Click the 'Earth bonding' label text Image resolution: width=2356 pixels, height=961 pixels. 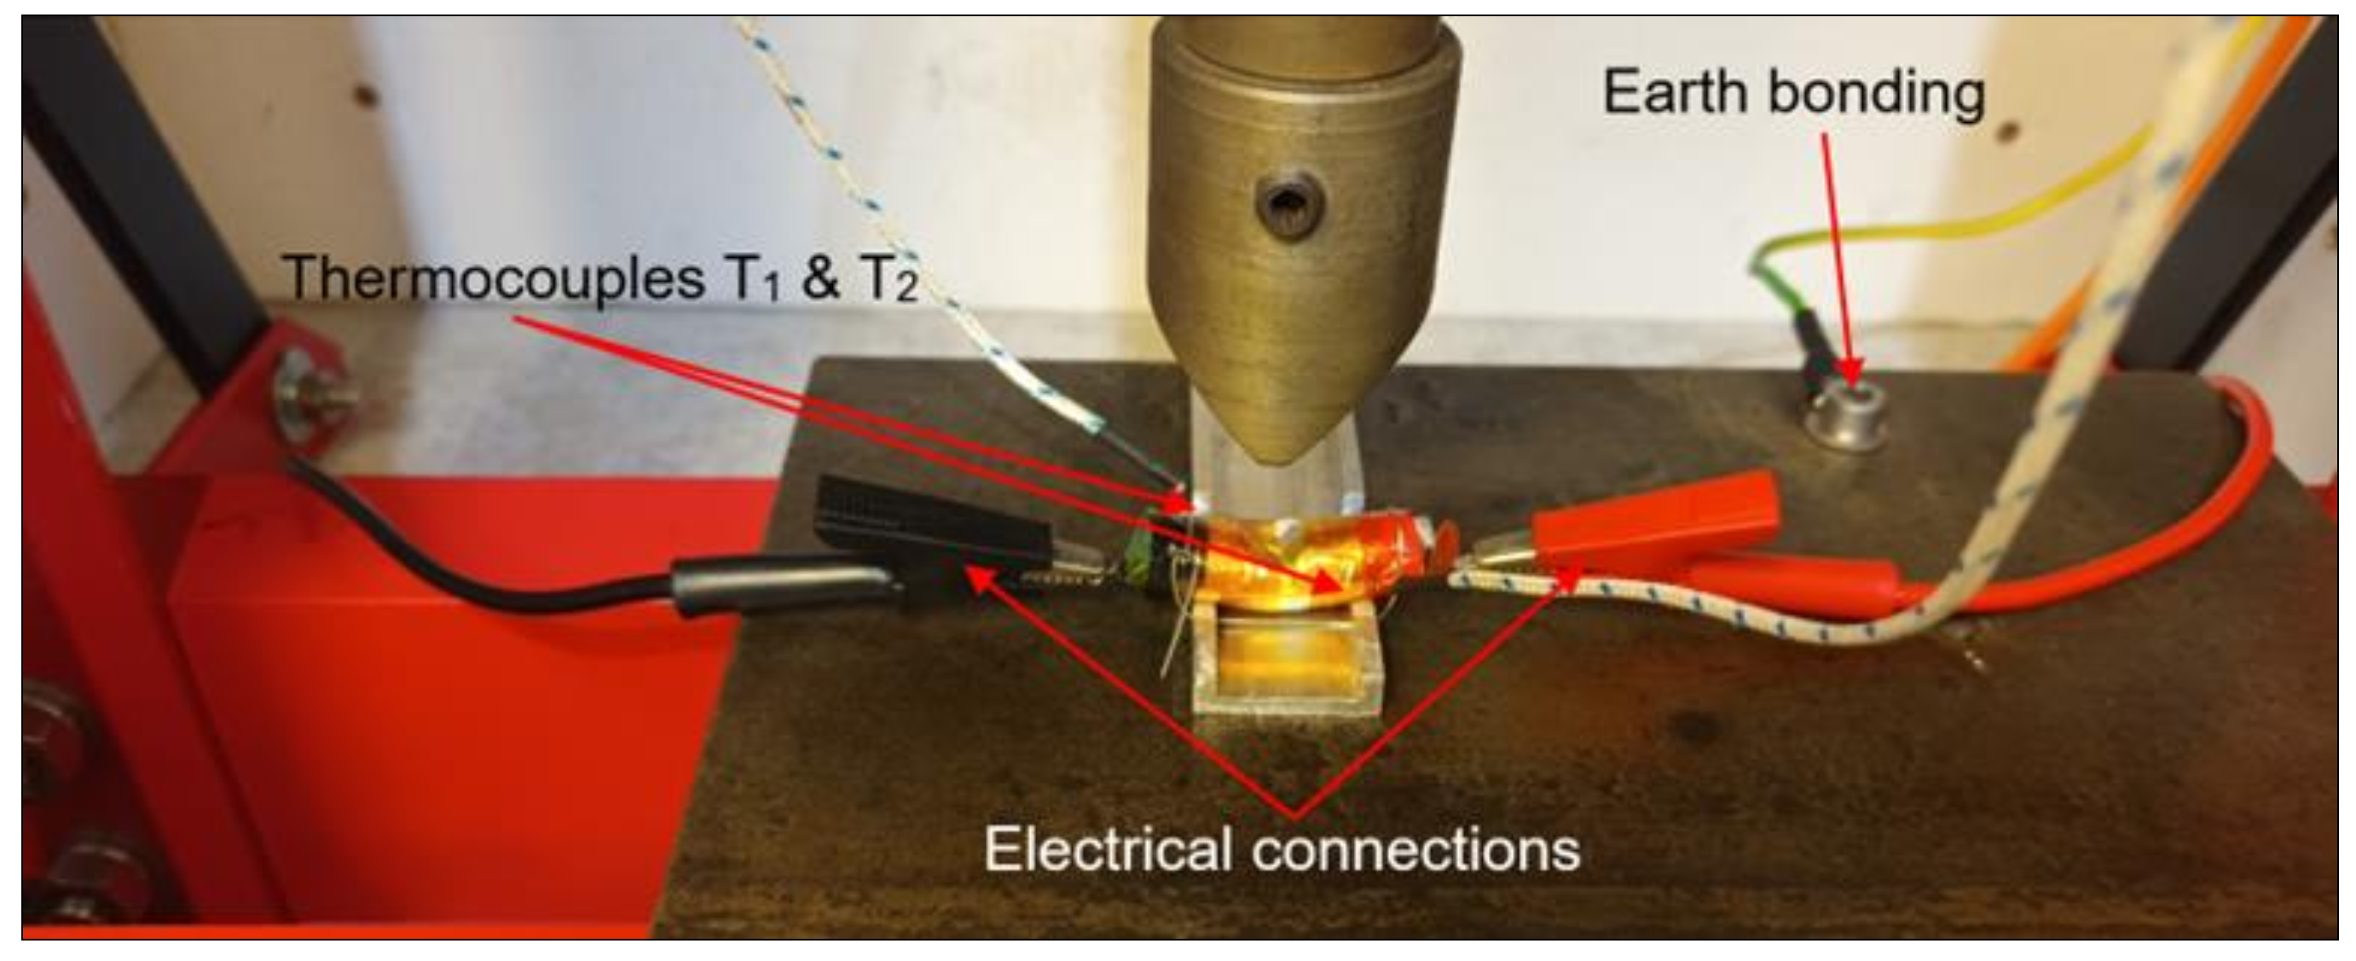click(x=1793, y=93)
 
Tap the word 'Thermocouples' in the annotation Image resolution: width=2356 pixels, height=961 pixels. click(x=494, y=277)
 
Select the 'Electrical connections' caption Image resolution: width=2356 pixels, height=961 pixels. click(x=1282, y=849)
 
